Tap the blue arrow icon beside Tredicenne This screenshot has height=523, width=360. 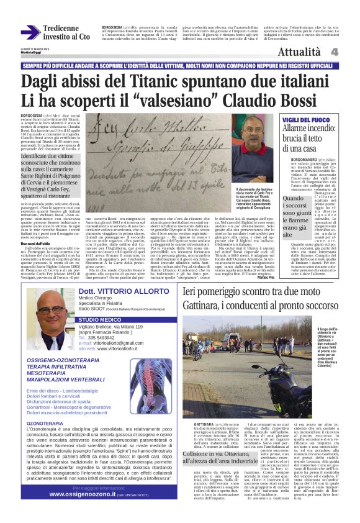tap(30, 32)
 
